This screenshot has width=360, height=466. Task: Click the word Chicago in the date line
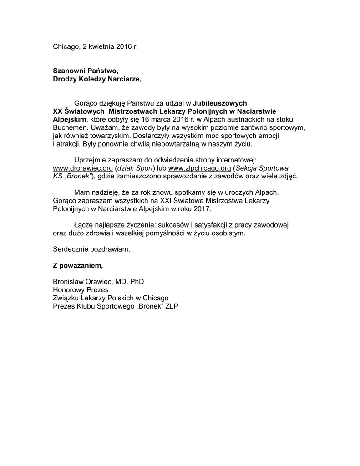(66, 46)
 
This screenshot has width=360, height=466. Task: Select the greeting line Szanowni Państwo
(86, 71)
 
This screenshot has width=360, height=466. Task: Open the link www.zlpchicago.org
(199, 168)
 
